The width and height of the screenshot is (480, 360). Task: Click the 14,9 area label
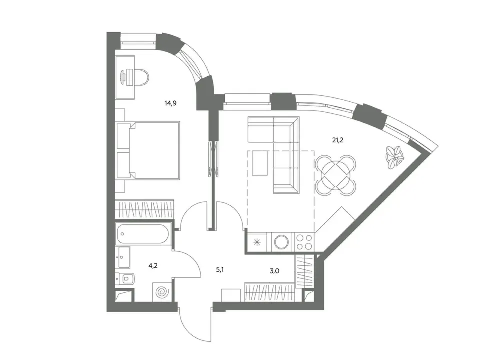pos(171,103)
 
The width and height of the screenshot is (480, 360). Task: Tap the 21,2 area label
pos(338,140)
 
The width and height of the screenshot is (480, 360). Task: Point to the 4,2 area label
pos(153,265)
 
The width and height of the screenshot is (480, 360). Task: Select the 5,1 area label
pos(220,270)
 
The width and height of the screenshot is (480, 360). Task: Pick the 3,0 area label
pos(275,271)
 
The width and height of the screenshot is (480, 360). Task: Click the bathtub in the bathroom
pos(142,234)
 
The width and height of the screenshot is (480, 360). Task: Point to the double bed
pos(148,150)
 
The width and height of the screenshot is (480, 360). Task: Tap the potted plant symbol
pos(394,157)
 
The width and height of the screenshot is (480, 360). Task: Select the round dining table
pos(336,175)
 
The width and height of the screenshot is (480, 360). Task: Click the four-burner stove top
pos(304,242)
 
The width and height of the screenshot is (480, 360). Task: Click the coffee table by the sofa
pos(260,163)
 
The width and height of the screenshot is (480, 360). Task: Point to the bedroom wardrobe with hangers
pos(144,209)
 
